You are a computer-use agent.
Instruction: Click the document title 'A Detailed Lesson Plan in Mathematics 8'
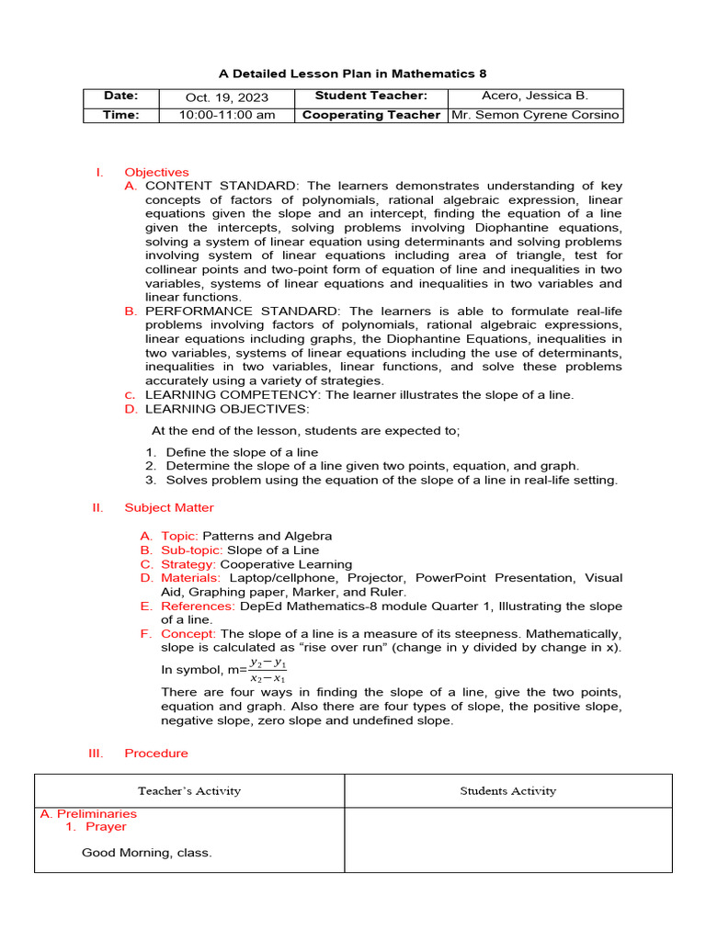(x=352, y=73)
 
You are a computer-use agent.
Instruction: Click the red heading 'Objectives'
(x=156, y=172)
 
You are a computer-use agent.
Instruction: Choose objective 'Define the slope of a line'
(x=242, y=452)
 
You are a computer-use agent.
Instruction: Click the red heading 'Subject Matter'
(x=169, y=507)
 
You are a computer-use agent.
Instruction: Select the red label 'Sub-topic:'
(x=192, y=550)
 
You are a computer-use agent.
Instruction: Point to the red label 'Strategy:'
(x=188, y=564)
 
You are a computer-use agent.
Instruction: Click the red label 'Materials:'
(x=191, y=578)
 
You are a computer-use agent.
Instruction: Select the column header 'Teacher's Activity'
(x=189, y=790)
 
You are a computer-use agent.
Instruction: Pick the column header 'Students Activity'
(x=507, y=790)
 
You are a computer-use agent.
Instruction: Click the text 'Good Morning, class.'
(x=147, y=853)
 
